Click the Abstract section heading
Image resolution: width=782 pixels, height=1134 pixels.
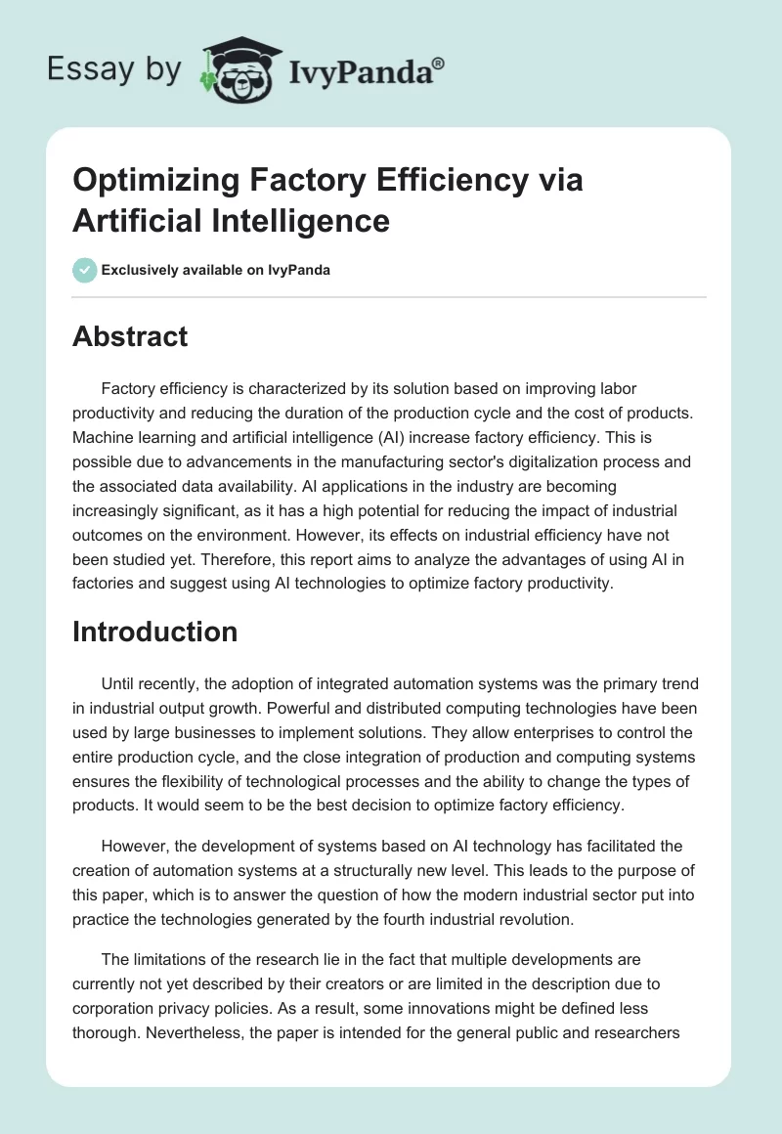click(x=130, y=336)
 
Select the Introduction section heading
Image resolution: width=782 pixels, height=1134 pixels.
click(x=154, y=632)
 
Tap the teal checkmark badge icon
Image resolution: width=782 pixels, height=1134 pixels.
click(x=85, y=270)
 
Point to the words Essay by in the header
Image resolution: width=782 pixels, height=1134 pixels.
click(x=112, y=69)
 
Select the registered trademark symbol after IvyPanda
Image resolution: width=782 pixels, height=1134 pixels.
click(x=439, y=65)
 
